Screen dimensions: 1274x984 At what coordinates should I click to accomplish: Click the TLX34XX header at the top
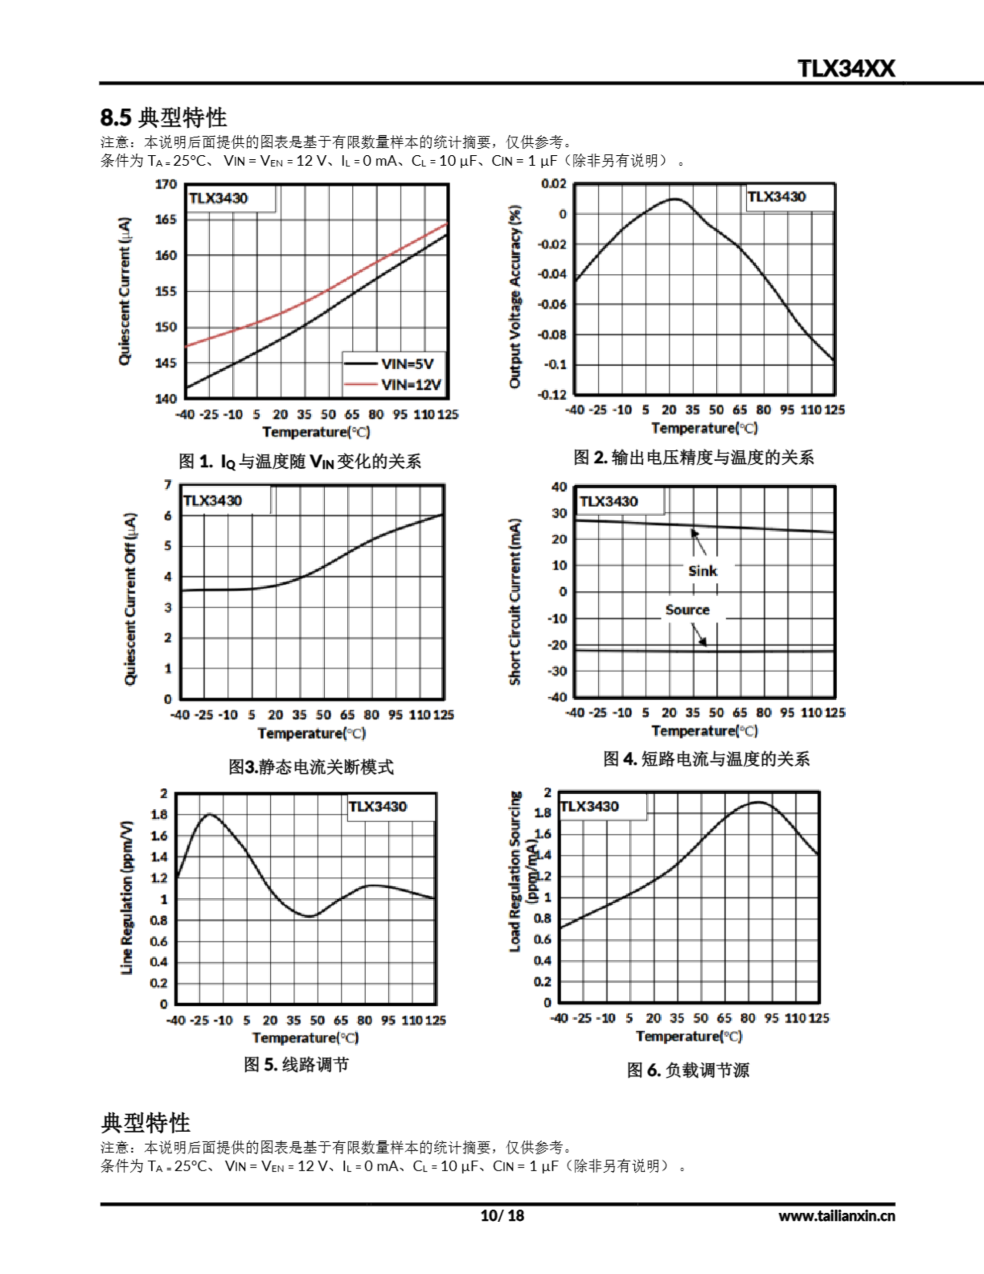click(x=846, y=69)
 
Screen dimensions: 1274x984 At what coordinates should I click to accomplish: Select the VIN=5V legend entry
click(x=407, y=364)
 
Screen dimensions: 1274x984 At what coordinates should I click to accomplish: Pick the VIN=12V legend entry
click(x=410, y=384)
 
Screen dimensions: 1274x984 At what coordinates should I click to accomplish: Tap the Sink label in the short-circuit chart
click(x=702, y=570)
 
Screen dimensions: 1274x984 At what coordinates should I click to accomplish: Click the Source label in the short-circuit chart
click(x=687, y=610)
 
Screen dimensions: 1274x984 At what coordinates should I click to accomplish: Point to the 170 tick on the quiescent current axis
click(x=166, y=184)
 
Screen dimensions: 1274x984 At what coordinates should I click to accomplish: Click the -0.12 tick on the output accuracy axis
click(x=552, y=394)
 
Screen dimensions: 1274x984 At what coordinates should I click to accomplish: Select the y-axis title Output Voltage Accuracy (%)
click(x=514, y=296)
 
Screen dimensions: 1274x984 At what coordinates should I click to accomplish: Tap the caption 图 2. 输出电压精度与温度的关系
click(x=693, y=457)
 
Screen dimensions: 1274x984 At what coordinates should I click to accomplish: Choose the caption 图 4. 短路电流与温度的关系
click(x=706, y=758)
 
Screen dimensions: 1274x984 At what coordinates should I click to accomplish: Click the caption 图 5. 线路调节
click(x=296, y=1064)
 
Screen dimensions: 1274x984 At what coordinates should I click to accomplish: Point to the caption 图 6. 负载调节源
click(x=688, y=1069)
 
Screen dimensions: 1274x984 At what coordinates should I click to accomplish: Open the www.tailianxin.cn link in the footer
click(x=836, y=1216)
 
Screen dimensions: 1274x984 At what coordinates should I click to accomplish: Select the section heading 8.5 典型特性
click(x=163, y=117)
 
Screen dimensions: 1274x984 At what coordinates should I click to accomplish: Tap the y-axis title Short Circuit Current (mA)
click(x=514, y=601)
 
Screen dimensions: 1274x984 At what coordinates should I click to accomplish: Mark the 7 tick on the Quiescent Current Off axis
click(x=168, y=485)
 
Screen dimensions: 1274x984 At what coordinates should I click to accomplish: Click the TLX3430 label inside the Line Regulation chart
click(x=378, y=806)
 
